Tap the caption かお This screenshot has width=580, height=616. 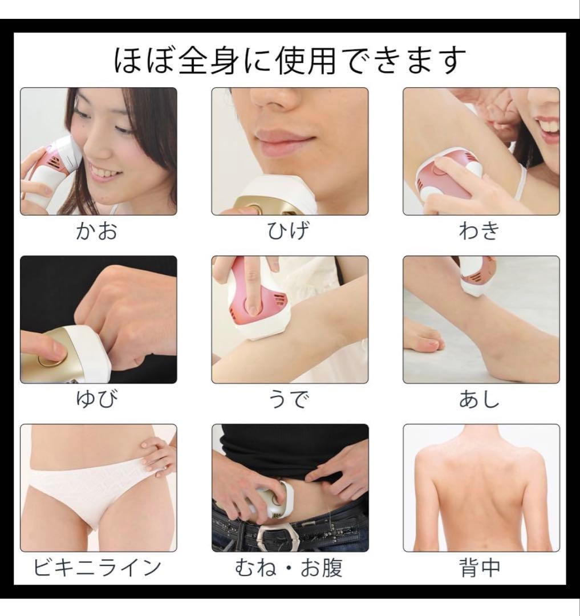[x=98, y=232]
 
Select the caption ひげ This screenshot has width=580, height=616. [x=290, y=232]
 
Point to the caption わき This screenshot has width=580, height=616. [x=481, y=232]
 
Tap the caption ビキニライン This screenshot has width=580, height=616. [x=98, y=568]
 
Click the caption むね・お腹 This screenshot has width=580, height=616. [x=290, y=568]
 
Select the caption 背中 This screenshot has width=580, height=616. [x=481, y=568]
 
